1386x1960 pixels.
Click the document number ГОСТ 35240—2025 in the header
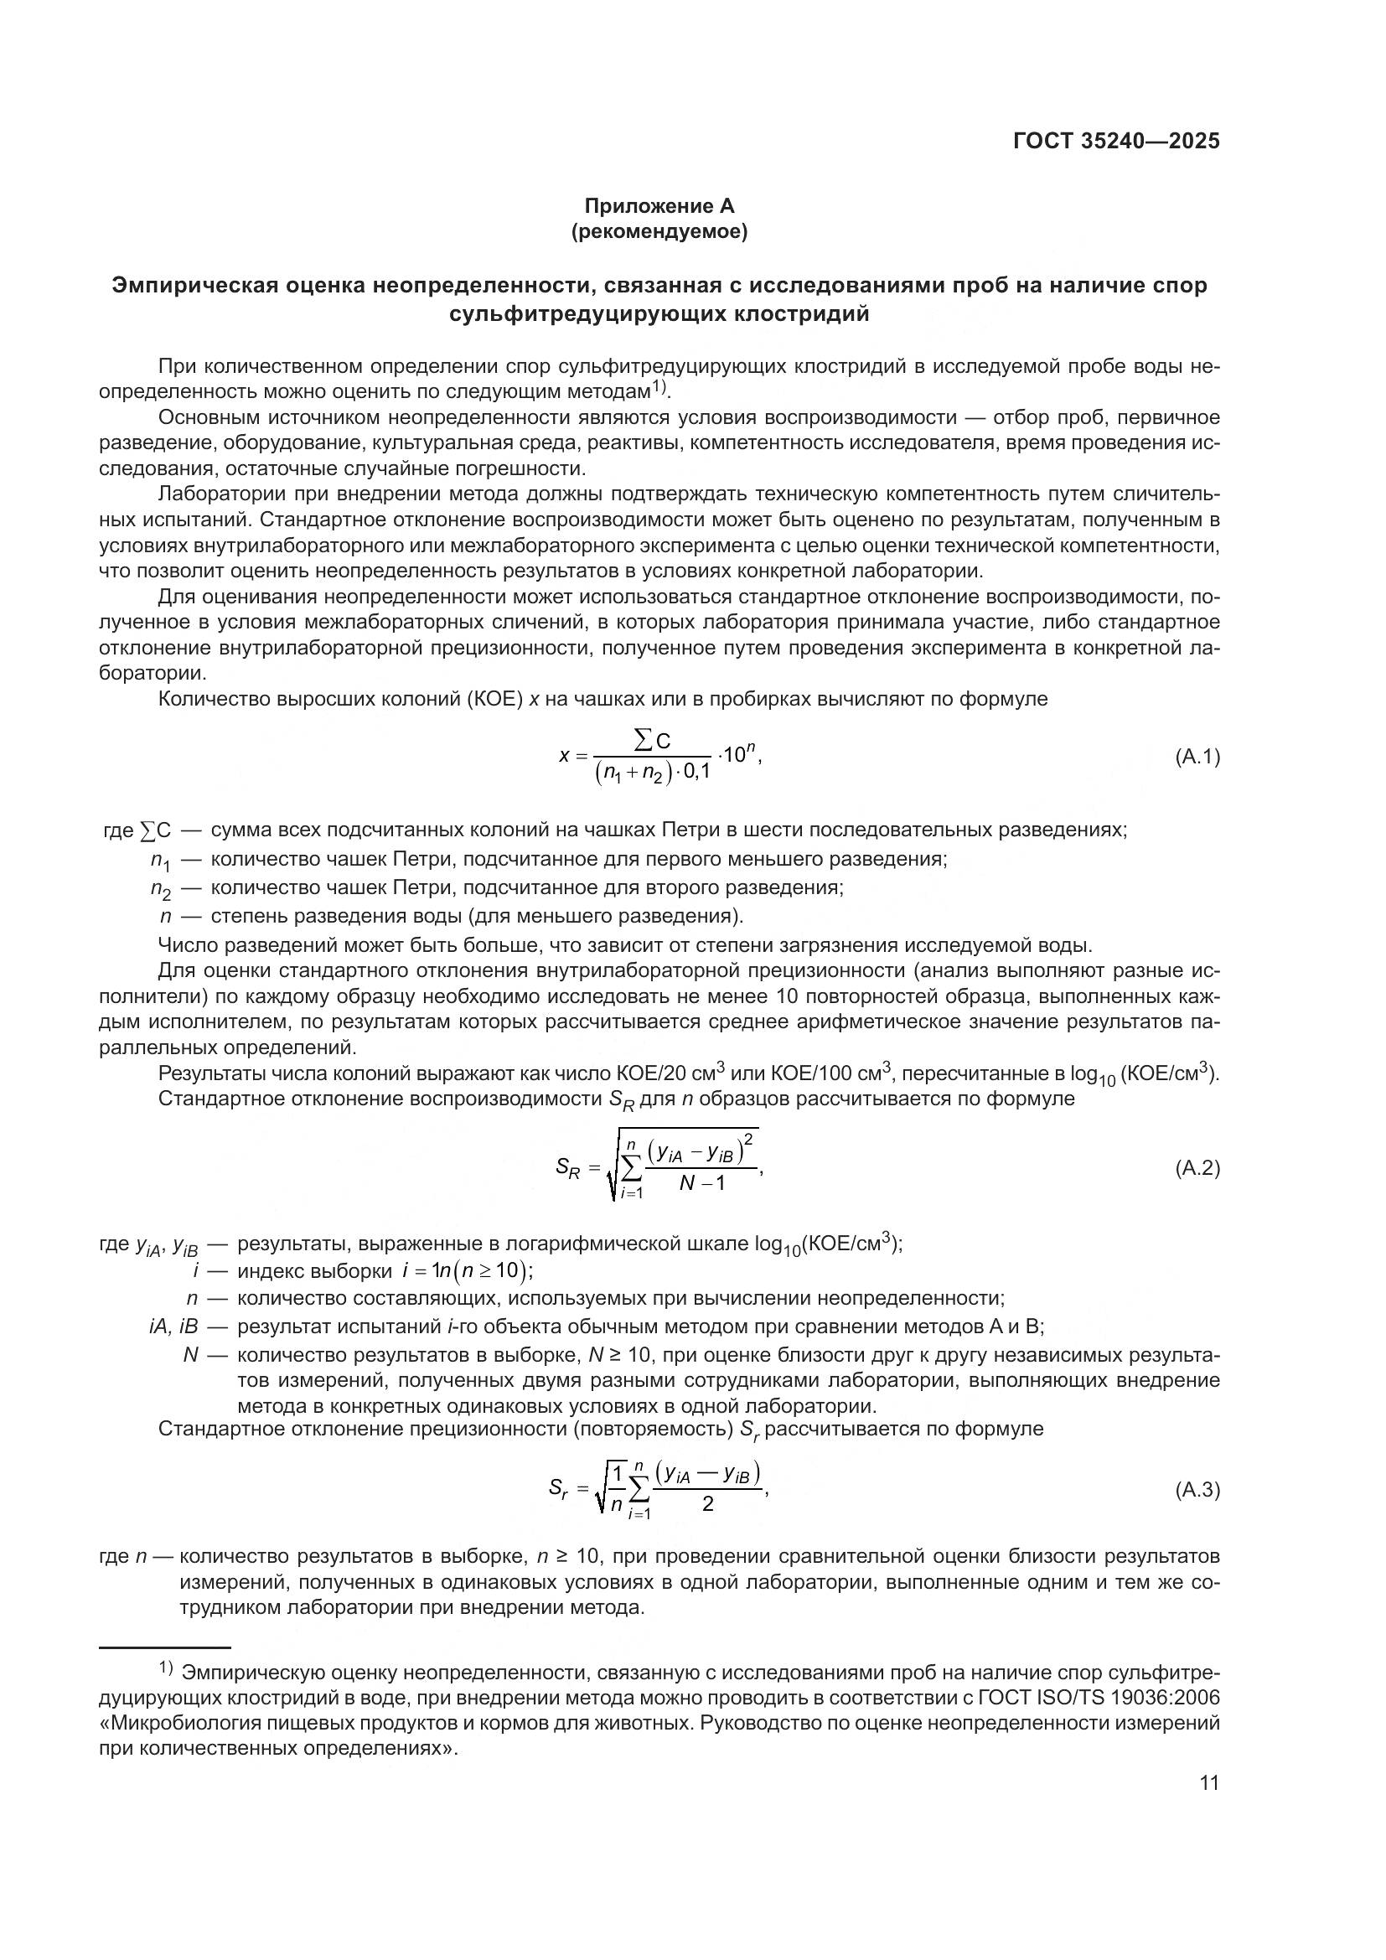click(x=1116, y=141)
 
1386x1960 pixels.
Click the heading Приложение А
click(x=659, y=206)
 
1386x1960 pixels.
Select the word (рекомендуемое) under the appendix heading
click(x=659, y=231)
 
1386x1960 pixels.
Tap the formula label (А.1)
click(x=1197, y=756)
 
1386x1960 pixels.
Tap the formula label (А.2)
click(x=1197, y=1169)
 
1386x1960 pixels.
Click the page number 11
click(x=1209, y=1782)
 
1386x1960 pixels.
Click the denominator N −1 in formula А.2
click(x=701, y=1183)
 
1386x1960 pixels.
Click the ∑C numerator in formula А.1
click(x=653, y=741)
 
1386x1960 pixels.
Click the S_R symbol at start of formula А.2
click(x=567, y=1168)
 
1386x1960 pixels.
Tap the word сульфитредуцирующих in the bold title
click(x=588, y=314)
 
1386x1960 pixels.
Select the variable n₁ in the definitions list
click(x=161, y=860)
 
